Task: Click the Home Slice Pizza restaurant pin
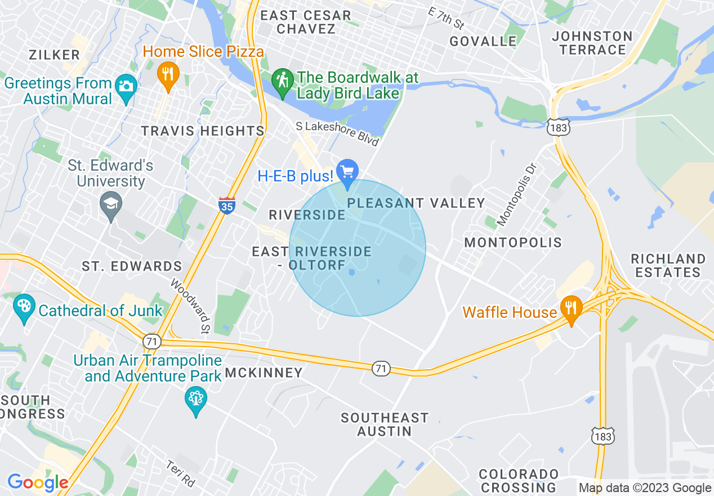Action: (x=167, y=74)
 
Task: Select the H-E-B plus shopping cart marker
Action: (x=347, y=171)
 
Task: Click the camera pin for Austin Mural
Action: (x=126, y=87)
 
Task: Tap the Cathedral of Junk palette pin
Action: (x=24, y=308)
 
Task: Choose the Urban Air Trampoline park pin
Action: (x=195, y=400)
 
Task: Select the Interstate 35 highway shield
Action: (x=226, y=205)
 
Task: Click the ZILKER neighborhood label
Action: (x=55, y=55)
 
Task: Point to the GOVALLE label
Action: (x=483, y=41)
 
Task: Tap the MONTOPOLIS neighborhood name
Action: (x=513, y=242)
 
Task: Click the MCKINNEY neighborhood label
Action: (x=264, y=373)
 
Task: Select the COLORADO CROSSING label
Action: (x=519, y=480)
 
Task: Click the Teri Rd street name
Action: (x=180, y=474)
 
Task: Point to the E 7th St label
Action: (x=445, y=18)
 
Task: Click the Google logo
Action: (x=38, y=482)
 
